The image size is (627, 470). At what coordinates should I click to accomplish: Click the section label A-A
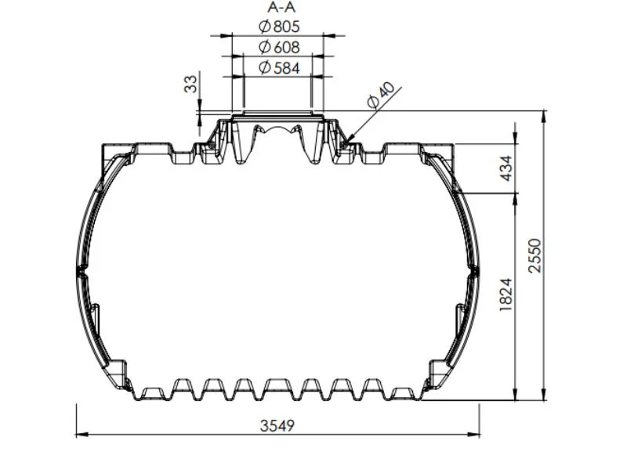click(281, 7)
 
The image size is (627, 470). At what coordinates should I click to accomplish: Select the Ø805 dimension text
click(279, 27)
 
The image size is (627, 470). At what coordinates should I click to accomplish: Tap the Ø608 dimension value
click(279, 47)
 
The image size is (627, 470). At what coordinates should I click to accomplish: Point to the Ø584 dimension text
click(279, 67)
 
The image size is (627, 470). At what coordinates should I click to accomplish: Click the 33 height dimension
click(190, 84)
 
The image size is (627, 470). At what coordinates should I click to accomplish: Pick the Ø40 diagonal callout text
click(380, 95)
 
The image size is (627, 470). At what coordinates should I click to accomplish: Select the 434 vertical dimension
click(506, 168)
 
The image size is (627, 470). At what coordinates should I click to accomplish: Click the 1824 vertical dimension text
click(506, 295)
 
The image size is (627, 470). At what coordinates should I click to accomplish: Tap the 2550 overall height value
click(535, 256)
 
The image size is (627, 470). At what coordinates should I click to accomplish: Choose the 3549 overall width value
click(277, 425)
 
